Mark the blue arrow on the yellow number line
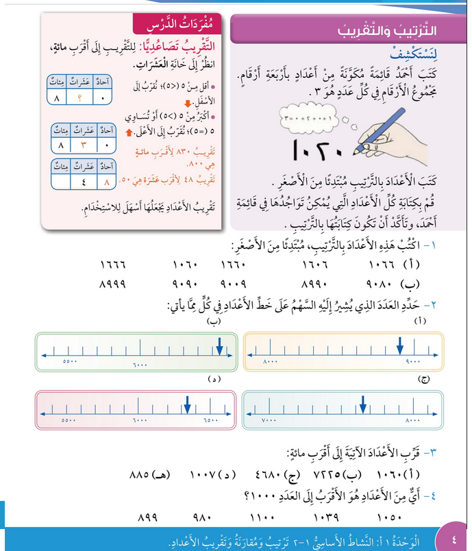[x=399, y=346]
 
